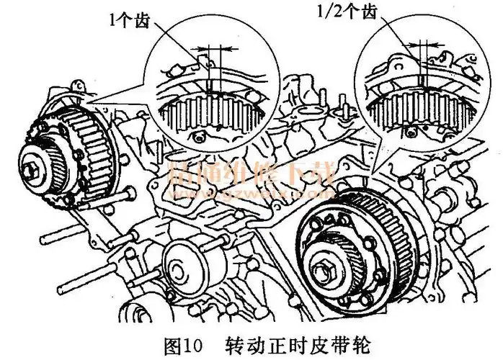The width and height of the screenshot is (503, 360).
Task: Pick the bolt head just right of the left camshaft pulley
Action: click(128, 194)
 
